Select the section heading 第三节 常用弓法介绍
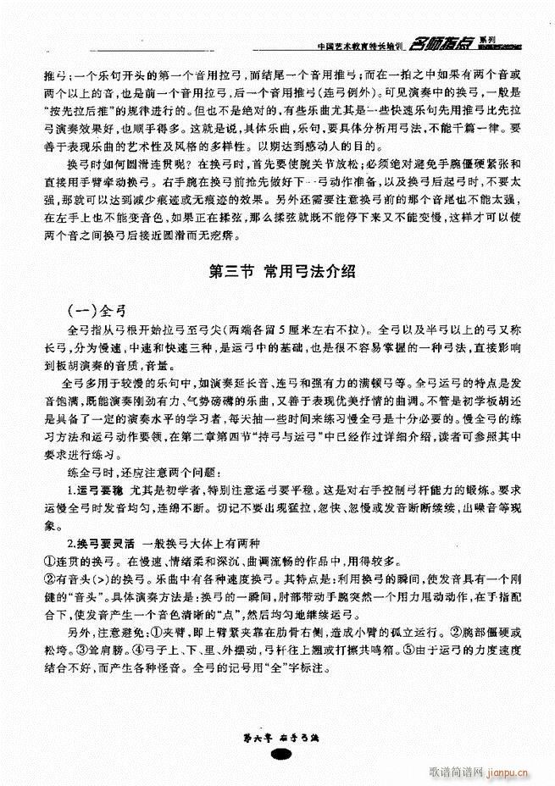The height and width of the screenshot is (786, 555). click(280, 272)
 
